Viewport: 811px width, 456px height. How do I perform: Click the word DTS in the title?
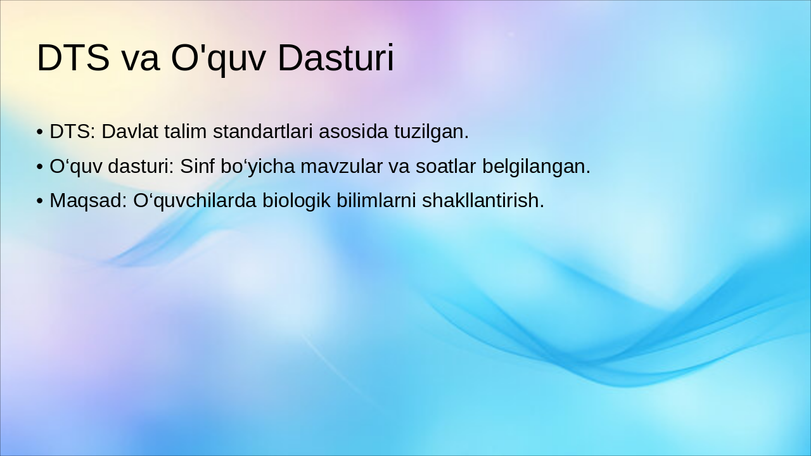73,58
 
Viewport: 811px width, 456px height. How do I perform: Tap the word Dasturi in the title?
336,58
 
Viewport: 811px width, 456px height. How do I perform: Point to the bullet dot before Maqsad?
39,201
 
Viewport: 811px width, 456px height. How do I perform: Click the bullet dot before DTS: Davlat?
39,132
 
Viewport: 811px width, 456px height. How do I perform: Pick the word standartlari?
263,132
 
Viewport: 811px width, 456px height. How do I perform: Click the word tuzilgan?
431,132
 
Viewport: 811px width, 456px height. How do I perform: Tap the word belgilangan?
536,166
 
